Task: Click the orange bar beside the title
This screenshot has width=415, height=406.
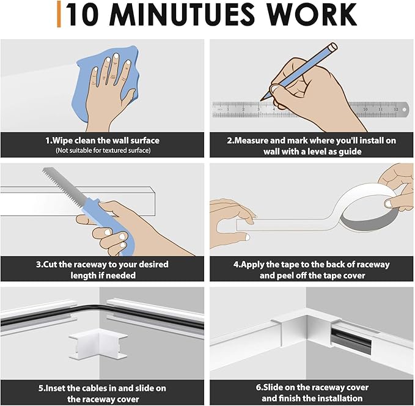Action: tap(59, 14)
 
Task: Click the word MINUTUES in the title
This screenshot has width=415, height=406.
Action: tap(182, 15)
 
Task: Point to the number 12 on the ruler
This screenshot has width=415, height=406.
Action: tap(395, 109)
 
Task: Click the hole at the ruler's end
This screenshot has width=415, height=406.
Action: tap(404, 109)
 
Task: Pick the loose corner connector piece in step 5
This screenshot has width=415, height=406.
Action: tap(98, 347)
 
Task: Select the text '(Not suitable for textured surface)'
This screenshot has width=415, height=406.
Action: tap(103, 150)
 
